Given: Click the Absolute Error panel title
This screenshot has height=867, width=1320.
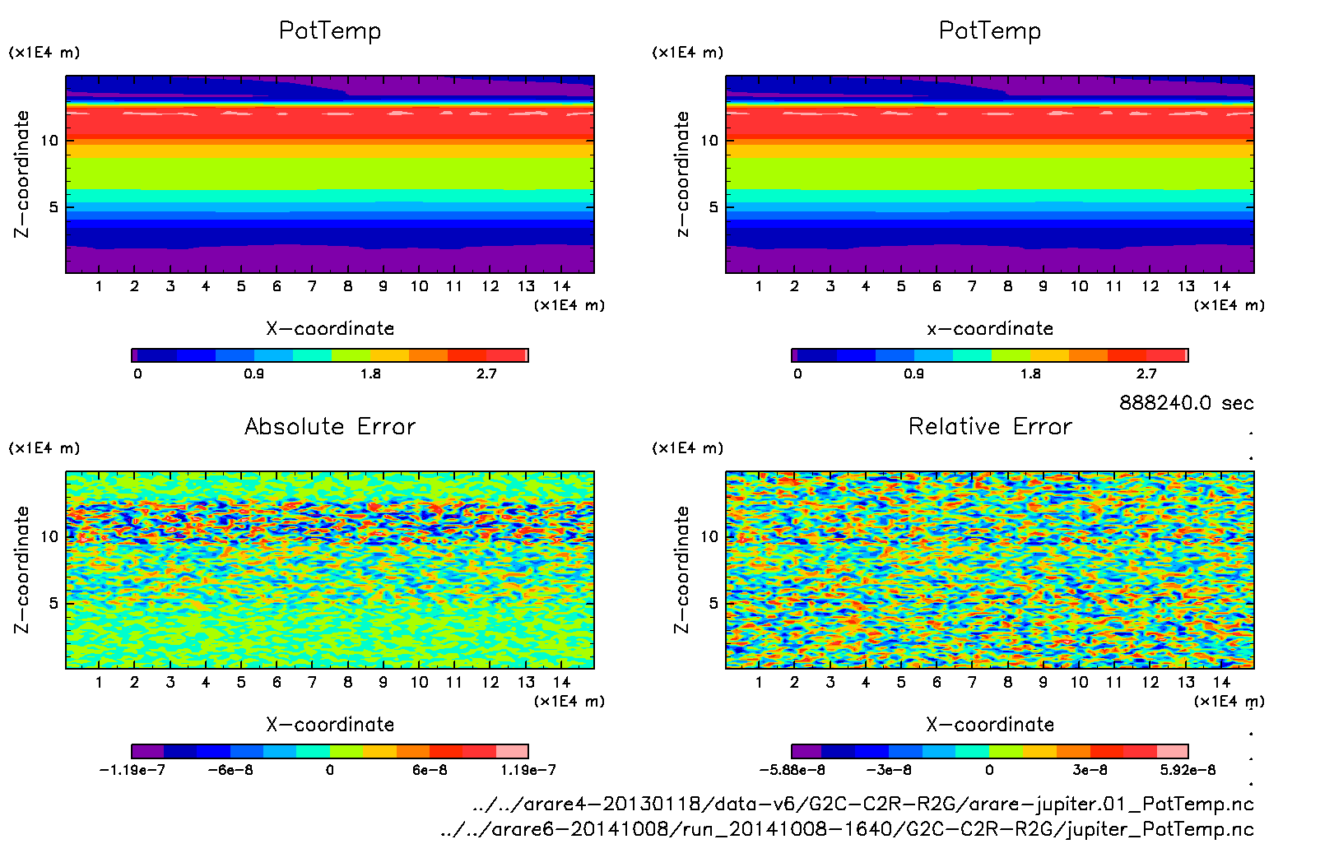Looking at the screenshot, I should pos(330,426).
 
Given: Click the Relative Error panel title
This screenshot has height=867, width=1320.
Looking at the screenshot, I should pos(990,426).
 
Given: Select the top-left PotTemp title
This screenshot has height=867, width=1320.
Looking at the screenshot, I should pos(330,30).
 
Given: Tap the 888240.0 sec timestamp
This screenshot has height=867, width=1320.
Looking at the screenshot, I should pos(1186,403).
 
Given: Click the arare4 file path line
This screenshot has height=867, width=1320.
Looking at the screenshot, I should pos(863,804).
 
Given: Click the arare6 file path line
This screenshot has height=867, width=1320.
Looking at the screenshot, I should pos(847,828).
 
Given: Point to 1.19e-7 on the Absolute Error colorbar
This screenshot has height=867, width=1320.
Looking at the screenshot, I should pos(528,770).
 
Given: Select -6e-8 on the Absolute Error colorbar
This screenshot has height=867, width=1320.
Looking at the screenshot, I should pos(230,770).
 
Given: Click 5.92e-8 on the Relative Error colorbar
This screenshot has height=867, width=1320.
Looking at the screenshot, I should pos(1188,770).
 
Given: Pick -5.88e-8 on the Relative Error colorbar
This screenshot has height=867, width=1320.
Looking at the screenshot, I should pos(792,770).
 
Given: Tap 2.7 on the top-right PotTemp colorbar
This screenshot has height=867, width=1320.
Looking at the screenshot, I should pos(1146,373).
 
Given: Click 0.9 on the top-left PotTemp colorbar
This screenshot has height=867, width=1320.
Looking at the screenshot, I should pos(253,373).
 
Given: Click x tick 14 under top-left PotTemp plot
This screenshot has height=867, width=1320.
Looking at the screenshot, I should pos(561,286).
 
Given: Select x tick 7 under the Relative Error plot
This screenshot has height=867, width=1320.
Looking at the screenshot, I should pos(972,682).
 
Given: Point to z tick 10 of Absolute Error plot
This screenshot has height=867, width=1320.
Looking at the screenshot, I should pos(50,536).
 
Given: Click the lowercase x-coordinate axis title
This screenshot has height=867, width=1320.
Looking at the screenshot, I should pos(990,328).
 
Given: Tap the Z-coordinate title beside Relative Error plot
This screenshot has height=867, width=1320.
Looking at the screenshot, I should pos(681,569).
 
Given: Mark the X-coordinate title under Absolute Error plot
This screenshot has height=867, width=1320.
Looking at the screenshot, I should pos(330,725).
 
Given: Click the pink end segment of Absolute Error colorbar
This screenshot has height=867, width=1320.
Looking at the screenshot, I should pos(512,751).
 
